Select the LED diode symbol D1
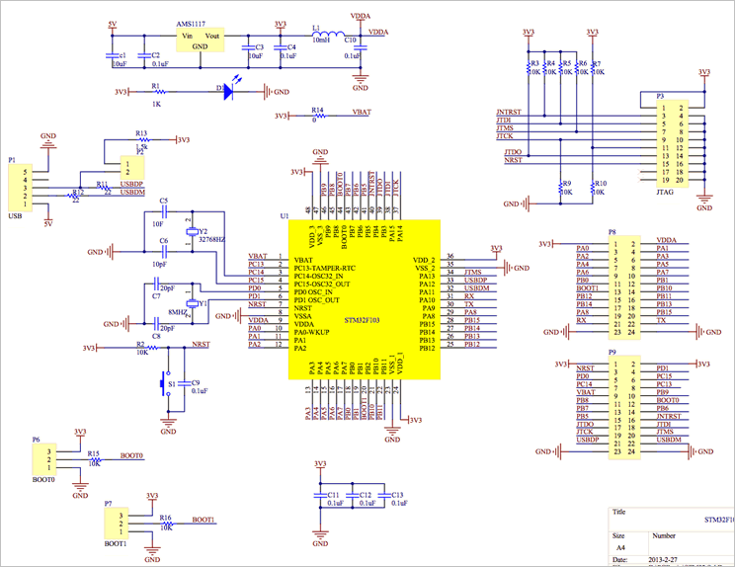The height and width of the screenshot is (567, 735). [228, 92]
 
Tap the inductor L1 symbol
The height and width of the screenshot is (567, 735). [322, 33]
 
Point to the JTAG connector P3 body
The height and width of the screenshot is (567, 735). [678, 143]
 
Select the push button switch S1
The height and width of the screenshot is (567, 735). [167, 382]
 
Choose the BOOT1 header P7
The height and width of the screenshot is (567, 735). [116, 524]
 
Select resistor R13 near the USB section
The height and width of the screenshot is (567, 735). [141, 139]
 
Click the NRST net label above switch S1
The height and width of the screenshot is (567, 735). [201, 344]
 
